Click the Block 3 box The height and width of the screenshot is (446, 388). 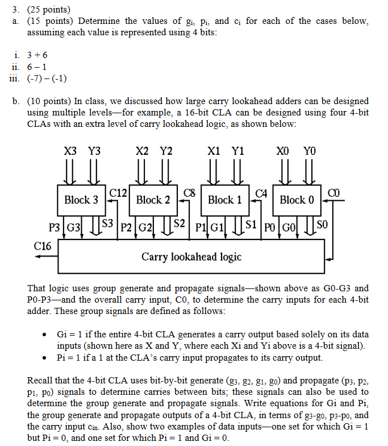coord(81,200)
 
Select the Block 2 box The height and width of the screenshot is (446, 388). coord(153,200)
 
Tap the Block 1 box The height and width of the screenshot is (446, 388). coord(224,200)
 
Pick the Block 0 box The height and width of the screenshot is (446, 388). coord(297,200)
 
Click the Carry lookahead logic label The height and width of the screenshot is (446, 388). coord(191,257)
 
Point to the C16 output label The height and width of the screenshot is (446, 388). coord(42,246)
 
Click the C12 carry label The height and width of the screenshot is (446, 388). coord(118,193)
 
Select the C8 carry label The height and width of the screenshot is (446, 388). coord(190,193)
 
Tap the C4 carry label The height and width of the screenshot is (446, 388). coord(261,193)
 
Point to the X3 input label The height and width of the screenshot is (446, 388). coord(71,151)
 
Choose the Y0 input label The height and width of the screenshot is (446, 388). coord(310,151)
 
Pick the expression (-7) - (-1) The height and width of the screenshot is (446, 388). coord(47,78)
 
